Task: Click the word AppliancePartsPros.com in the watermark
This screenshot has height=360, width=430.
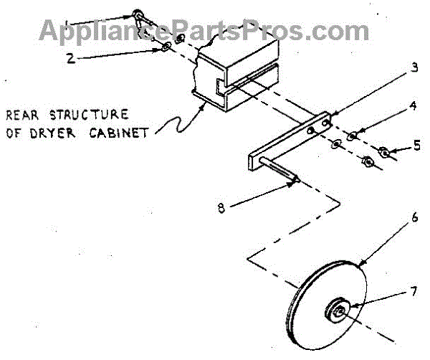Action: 204,30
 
